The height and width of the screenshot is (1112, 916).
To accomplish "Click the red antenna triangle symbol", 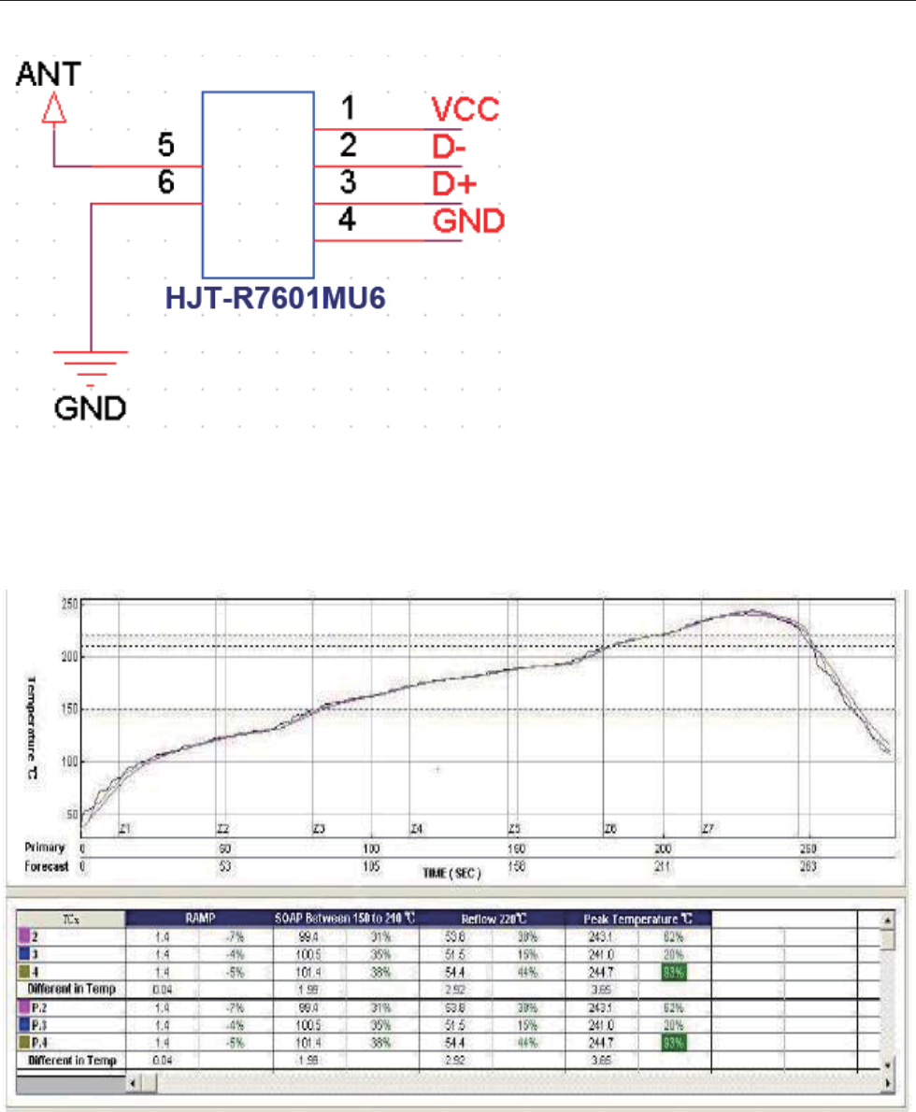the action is pos(55,111).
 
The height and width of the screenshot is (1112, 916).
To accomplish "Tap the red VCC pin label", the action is pos(465,110).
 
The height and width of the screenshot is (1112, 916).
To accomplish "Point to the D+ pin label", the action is pos(456,184).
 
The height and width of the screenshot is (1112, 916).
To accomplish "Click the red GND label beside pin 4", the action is pos(468,221).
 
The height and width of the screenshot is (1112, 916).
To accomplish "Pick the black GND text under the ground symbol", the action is pos(90,408).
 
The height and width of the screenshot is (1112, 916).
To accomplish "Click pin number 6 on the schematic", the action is pos(165,185).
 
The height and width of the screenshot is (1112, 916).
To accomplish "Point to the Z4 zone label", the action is pos(417,829).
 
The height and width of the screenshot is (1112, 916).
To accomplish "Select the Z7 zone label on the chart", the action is pos(708,829).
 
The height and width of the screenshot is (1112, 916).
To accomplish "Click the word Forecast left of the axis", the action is pos(47,866).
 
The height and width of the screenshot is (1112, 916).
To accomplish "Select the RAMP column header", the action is pos(200,918).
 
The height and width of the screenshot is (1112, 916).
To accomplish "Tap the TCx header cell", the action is pos(66,918).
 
